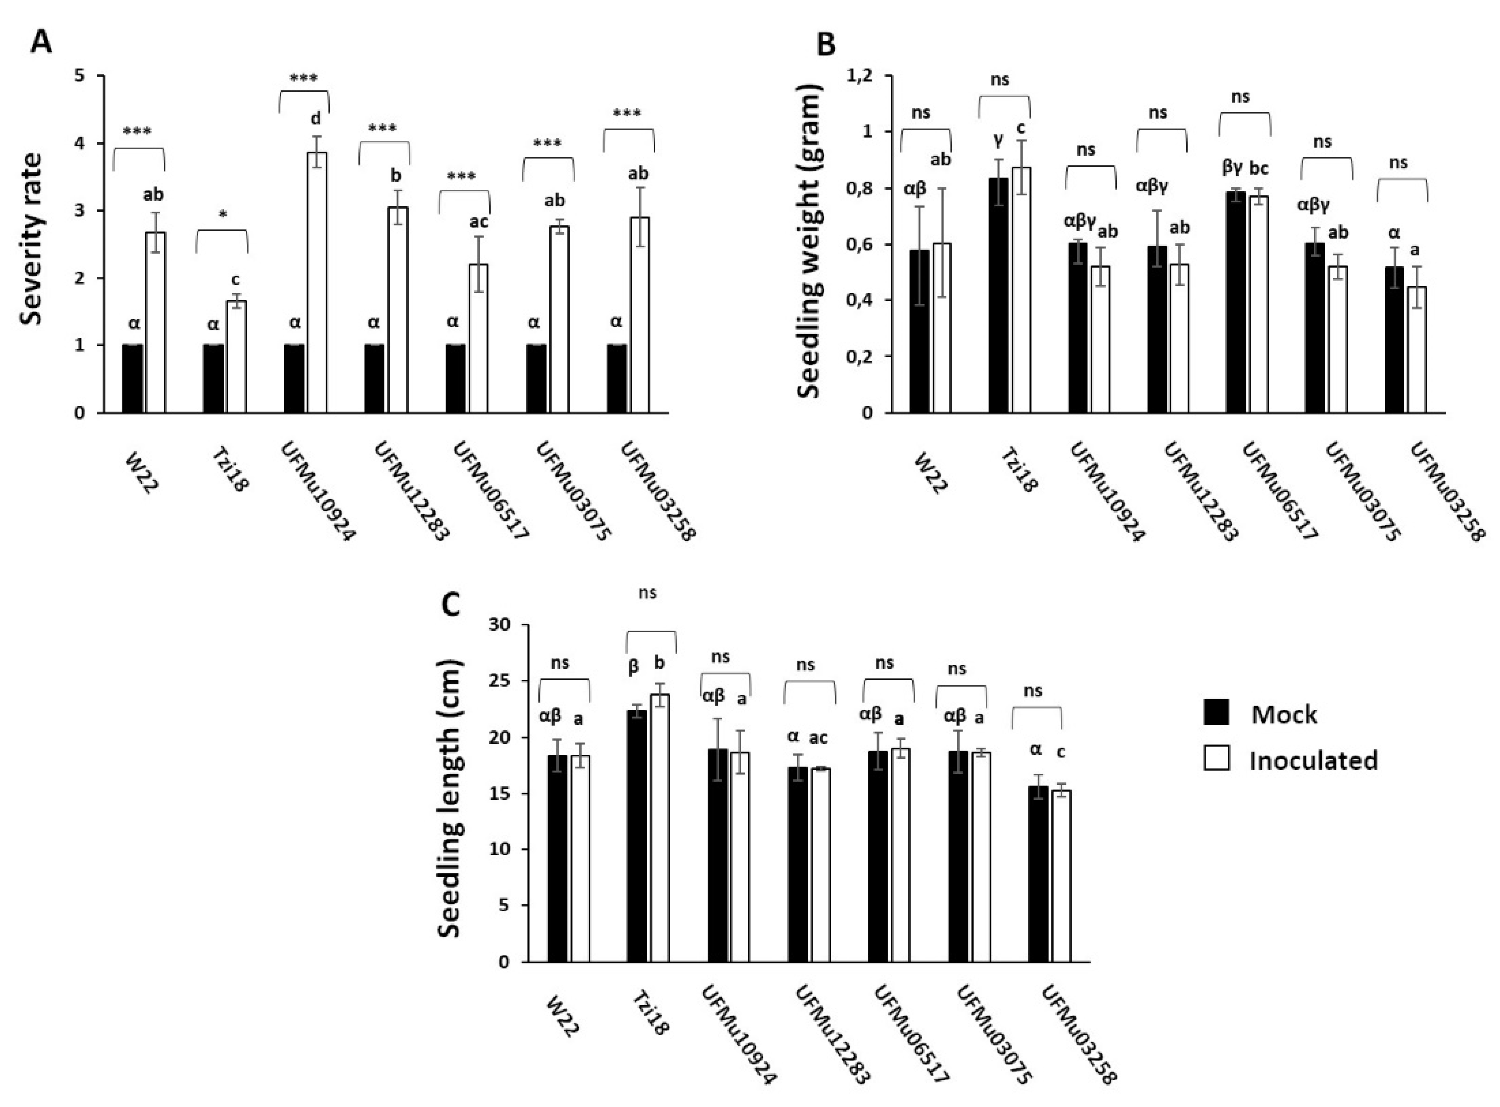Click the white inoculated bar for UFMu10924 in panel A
(317, 281)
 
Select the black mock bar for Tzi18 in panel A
(213, 379)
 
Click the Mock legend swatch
(1216, 712)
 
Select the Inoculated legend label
(1313, 760)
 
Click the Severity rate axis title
(31, 239)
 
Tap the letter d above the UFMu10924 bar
(315, 119)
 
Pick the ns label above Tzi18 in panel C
(647, 593)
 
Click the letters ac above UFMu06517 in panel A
(479, 222)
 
